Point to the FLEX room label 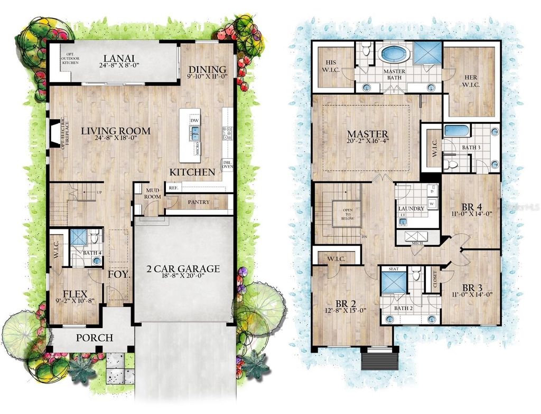coord(74,294)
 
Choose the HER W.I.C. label coord(469,80)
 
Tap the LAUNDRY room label coord(411,208)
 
